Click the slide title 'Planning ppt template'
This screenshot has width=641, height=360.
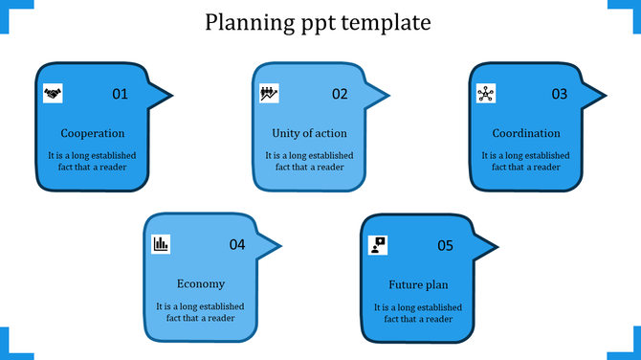pos(319,21)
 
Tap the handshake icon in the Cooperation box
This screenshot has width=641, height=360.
pos(53,93)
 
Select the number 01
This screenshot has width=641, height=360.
pos(120,94)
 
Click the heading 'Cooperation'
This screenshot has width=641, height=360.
pos(92,133)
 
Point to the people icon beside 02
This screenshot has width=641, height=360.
pos(269,93)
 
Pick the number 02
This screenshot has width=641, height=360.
pos(340,94)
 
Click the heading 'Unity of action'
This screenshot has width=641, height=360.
pos(309,133)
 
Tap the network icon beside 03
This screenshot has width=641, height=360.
pos(486,93)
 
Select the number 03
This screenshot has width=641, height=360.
pos(560,94)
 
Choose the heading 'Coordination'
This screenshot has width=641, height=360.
pos(526,133)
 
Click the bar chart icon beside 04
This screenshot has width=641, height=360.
pos(161,244)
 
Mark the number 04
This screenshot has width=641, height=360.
pos(237,245)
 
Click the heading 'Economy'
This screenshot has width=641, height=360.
pos(201,283)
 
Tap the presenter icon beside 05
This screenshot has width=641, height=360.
pos(378,244)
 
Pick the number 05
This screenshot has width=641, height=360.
pos(445,245)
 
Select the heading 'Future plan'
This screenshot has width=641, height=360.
pos(418,284)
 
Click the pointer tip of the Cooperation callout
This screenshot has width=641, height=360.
pos(171,95)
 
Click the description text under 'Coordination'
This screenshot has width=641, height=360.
pos(525,161)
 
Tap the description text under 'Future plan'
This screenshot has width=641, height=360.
pos(418,313)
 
